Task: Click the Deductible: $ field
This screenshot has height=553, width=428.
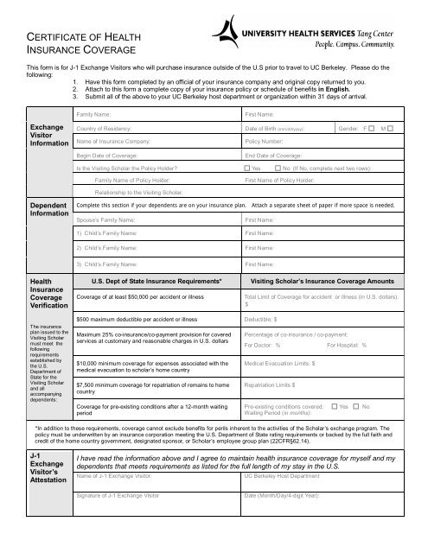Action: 329,319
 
